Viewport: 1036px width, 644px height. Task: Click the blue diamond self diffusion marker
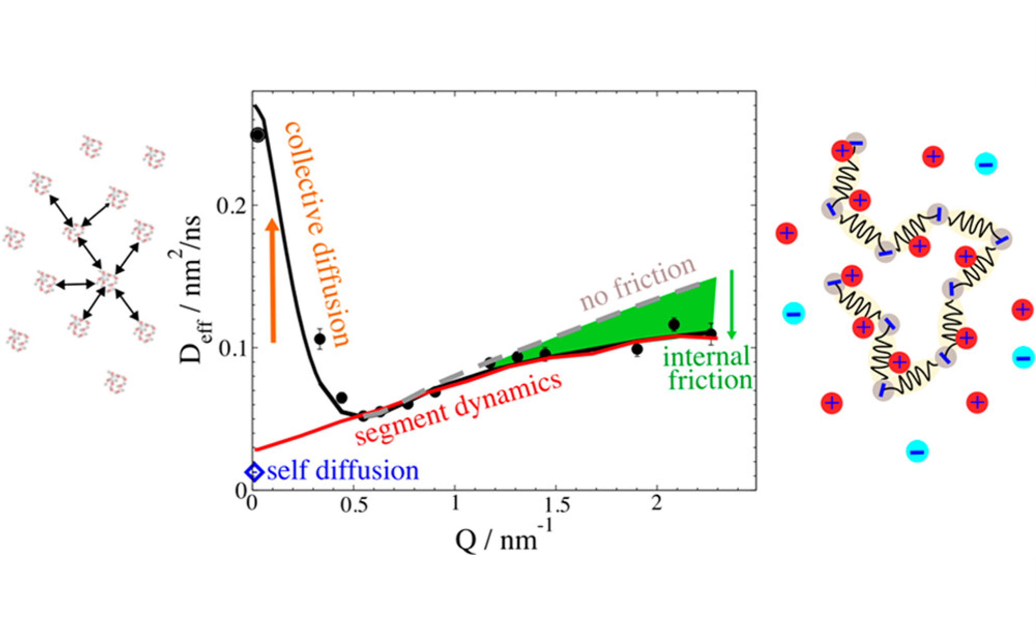click(254, 472)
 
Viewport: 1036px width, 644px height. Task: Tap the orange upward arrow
click(273, 281)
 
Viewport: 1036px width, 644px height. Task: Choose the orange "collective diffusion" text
click(316, 234)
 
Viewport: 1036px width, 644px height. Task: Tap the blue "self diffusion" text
click(343, 471)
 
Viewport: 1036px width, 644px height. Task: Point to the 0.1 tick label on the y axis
click(232, 348)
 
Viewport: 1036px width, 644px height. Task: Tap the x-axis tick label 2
click(656, 503)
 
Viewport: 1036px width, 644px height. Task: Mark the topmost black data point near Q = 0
click(258, 135)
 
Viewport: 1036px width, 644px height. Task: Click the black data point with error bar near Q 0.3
click(320, 339)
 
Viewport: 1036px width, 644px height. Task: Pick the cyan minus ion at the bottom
click(917, 452)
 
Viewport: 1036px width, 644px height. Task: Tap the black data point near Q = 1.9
click(637, 349)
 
